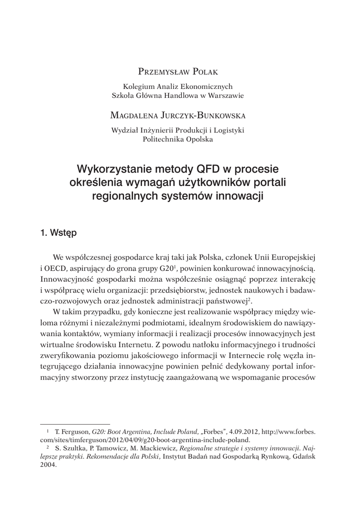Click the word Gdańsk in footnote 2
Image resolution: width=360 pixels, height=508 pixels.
[303, 457]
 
